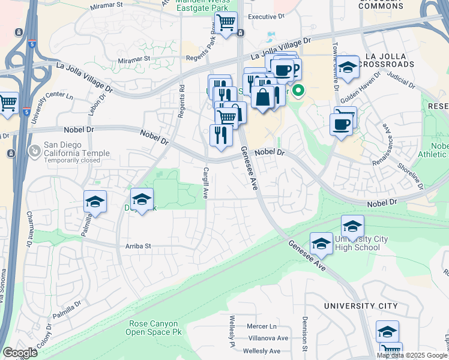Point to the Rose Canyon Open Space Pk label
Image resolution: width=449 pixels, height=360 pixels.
tap(155, 327)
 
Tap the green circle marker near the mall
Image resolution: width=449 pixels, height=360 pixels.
tap(298, 92)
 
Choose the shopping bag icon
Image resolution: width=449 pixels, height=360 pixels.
tap(262, 96)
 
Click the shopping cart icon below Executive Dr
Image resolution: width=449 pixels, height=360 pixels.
tap(226, 23)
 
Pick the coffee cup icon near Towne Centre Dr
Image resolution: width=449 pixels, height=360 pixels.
tap(342, 124)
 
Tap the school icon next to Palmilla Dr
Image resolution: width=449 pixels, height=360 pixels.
tap(95, 202)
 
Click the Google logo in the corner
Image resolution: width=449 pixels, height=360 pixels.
tap(20, 353)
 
